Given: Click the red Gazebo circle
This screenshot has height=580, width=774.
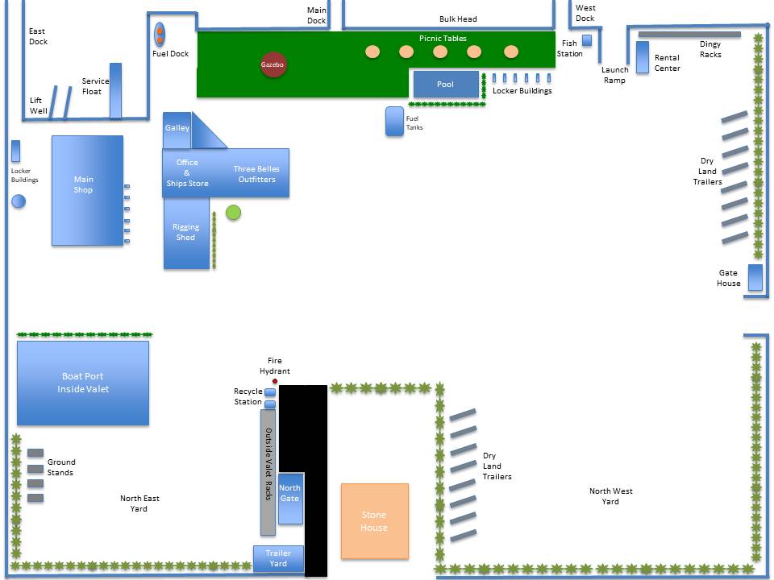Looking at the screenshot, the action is (x=273, y=64).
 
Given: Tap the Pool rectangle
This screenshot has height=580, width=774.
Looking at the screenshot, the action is (x=446, y=85).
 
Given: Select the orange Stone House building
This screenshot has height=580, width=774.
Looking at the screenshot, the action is (x=375, y=521).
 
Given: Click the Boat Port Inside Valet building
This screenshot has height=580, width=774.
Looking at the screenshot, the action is (x=83, y=383).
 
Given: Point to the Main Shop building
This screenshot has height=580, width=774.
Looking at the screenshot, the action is (x=87, y=190).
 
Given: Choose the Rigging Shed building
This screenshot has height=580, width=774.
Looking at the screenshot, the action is (x=186, y=234).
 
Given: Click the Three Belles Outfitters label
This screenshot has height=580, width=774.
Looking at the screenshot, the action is (x=256, y=174).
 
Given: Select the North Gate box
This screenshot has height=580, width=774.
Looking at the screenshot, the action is (x=290, y=498).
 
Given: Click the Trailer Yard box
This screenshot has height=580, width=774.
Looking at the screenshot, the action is (x=278, y=559).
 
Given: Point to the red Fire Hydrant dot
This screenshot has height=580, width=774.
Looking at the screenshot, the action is (x=275, y=381).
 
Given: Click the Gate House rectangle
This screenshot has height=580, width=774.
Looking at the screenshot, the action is (x=755, y=278).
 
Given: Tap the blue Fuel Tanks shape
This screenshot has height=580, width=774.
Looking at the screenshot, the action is (x=394, y=122).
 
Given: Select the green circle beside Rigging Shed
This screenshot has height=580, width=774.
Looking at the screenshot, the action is (x=234, y=213).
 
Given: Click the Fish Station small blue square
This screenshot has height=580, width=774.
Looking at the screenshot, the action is (x=587, y=40).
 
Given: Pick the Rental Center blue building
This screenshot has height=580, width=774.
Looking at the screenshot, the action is (x=643, y=57).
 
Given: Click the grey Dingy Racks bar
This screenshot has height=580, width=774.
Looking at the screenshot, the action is (x=689, y=35).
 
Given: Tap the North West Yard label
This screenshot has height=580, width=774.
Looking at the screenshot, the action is (x=610, y=496).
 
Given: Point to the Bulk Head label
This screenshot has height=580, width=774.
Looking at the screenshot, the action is (x=458, y=19).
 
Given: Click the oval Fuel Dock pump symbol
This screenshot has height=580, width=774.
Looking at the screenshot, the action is (x=160, y=35).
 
